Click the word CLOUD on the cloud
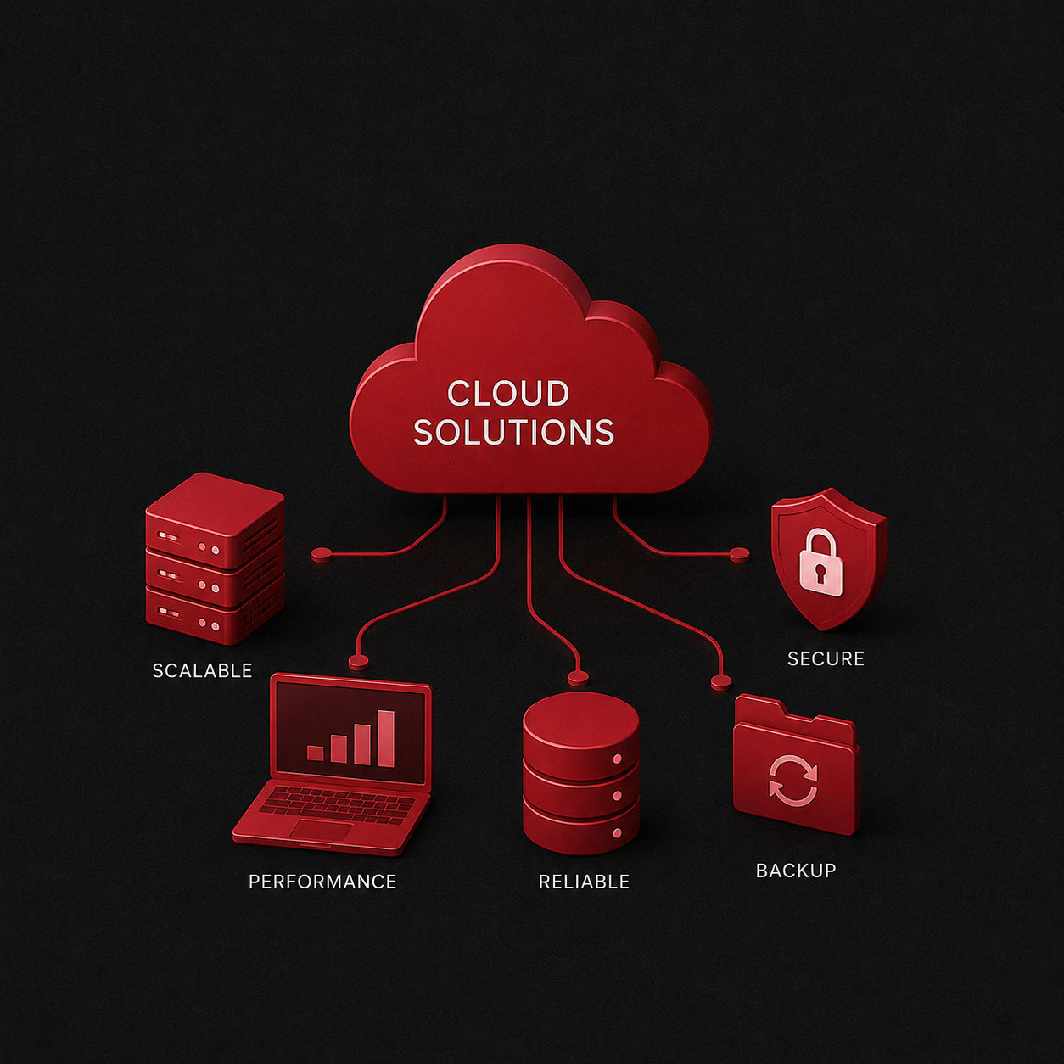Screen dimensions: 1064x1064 click(x=507, y=393)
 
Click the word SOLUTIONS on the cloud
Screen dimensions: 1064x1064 click(x=513, y=432)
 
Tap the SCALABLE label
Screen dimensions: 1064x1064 click(x=202, y=670)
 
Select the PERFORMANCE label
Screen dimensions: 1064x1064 click(x=322, y=882)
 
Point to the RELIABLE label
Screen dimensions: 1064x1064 click(x=584, y=882)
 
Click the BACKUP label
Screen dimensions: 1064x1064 click(x=796, y=871)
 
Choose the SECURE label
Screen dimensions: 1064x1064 click(x=826, y=658)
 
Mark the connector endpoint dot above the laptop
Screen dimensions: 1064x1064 click(x=358, y=661)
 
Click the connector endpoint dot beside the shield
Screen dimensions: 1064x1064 click(x=739, y=554)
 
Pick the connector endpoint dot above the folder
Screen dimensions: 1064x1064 click(x=720, y=683)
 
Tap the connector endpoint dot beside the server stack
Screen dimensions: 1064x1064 click(x=322, y=554)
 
